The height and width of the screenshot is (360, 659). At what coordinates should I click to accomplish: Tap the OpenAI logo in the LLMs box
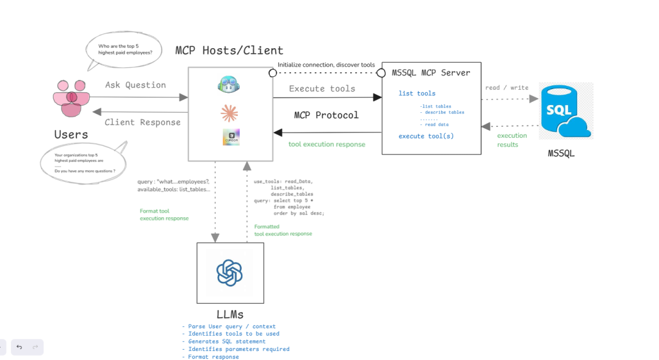point(229,273)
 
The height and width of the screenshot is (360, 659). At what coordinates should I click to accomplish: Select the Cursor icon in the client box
point(231,137)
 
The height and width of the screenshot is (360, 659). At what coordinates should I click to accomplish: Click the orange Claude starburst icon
point(229,113)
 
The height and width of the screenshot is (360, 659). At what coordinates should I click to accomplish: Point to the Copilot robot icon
point(229,84)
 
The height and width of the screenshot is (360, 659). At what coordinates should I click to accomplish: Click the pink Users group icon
point(71,98)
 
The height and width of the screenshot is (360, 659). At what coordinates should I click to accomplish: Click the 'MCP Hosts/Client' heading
point(229,50)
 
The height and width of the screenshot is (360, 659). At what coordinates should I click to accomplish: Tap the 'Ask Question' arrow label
point(135,85)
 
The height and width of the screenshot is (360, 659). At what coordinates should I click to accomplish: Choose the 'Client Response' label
point(142,122)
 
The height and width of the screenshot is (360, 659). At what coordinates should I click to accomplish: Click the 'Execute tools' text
point(322,88)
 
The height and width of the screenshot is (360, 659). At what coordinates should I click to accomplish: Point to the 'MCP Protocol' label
point(326,115)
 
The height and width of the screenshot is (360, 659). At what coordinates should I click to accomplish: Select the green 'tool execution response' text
point(326,144)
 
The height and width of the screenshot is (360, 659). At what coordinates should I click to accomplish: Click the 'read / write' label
point(506,88)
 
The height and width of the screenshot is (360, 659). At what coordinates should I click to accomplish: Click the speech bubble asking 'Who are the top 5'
point(125,49)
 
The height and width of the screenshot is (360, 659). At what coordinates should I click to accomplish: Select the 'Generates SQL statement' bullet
point(227,341)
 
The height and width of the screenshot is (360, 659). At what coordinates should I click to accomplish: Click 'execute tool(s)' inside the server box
point(426,136)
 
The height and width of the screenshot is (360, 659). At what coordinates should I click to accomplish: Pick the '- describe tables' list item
point(442,112)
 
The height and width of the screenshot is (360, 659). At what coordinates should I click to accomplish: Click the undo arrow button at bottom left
point(20,347)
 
